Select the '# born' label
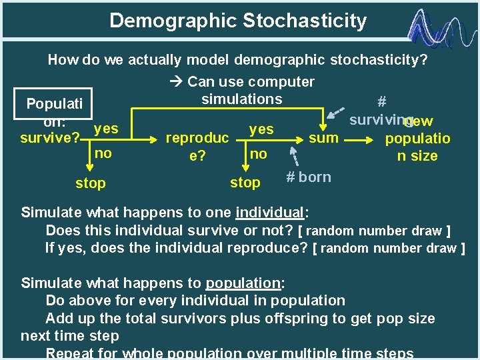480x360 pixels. click(x=308, y=177)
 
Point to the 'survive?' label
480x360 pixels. click(x=50, y=139)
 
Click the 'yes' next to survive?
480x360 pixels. click(x=106, y=128)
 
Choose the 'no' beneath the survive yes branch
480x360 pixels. click(x=103, y=153)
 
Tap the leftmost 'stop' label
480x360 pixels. click(x=90, y=183)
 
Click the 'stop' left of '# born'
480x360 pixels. click(x=245, y=182)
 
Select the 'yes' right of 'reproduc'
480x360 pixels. click(x=261, y=129)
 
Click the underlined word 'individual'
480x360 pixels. click(x=269, y=213)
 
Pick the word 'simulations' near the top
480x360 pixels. click(x=241, y=99)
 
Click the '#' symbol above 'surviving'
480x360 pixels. click(x=381, y=101)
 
